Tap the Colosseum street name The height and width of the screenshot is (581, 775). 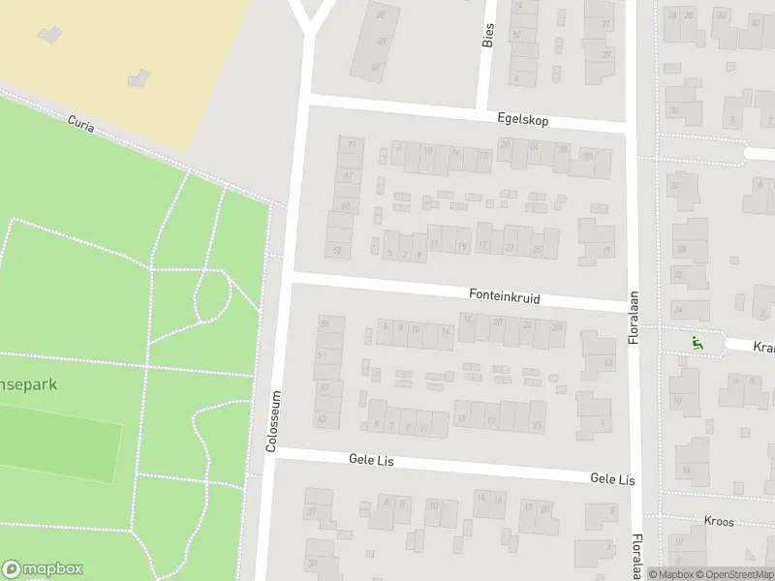[273, 421]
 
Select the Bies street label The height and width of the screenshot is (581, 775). [487, 35]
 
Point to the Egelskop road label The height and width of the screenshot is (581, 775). [522, 119]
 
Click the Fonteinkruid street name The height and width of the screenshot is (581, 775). [504, 294]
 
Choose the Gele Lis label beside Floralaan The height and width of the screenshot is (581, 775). [612, 479]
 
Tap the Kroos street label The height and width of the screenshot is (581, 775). [720, 521]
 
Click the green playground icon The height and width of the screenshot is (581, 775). [696, 342]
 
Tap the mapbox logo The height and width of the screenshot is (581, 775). [43, 569]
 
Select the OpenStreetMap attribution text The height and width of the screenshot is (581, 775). [735, 574]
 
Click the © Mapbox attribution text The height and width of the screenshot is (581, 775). [670, 574]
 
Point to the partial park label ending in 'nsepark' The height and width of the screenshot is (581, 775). [29, 384]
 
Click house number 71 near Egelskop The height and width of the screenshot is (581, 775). [351, 145]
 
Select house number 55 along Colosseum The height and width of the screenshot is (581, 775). [325, 322]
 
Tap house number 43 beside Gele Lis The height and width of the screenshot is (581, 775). [322, 418]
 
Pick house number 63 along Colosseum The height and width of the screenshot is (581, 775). [346, 205]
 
